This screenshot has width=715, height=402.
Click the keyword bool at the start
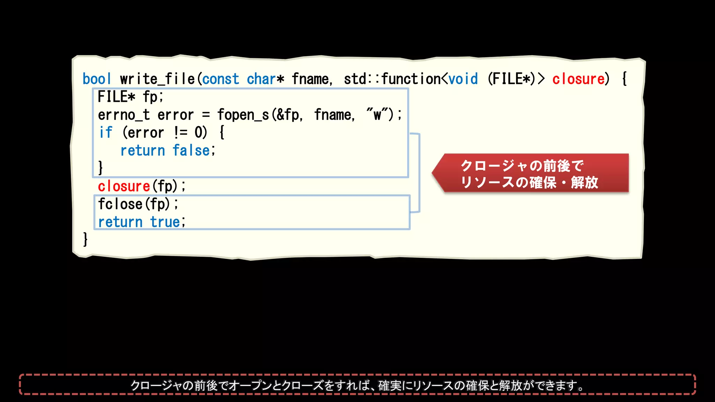point(97,79)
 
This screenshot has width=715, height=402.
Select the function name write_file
point(157,79)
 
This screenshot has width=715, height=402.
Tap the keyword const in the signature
point(221,79)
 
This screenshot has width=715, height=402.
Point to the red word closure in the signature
point(578,79)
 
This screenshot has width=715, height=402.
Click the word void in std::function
point(463,79)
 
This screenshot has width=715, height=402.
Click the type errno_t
point(124,115)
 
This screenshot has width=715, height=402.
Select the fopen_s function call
point(243,115)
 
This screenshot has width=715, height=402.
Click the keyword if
point(105,133)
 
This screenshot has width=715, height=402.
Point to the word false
point(191,150)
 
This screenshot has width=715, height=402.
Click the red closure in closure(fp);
point(124,186)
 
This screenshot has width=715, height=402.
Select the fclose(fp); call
point(138,204)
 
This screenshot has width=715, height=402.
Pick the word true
point(165,222)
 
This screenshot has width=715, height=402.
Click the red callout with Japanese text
point(531,173)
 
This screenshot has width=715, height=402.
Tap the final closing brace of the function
point(85,239)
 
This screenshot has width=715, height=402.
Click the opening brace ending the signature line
point(625,79)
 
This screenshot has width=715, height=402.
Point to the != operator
point(180,133)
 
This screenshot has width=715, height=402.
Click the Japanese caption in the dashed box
point(357,385)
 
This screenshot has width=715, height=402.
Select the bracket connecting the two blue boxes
point(419,173)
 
